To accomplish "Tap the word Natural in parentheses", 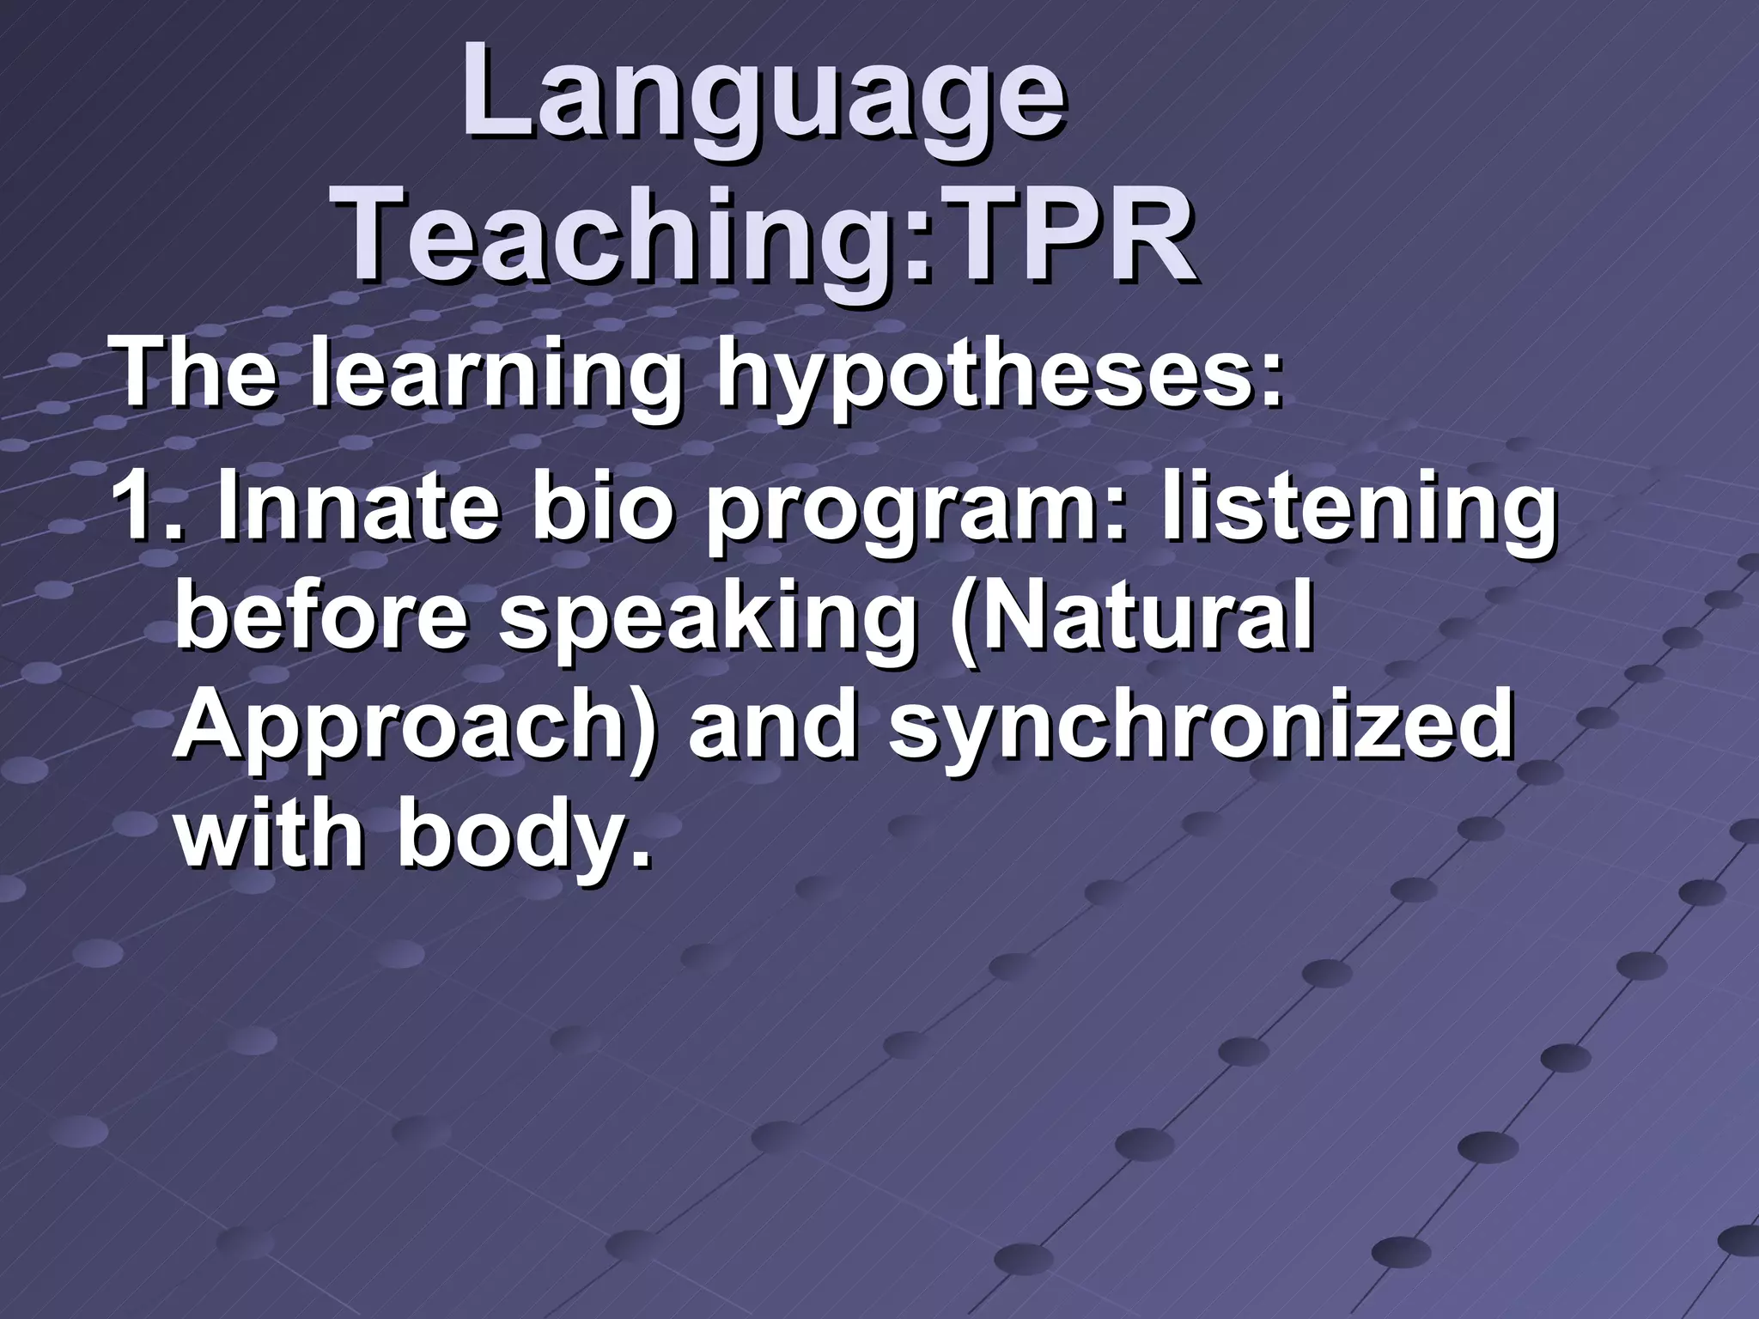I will click(1142, 618).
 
